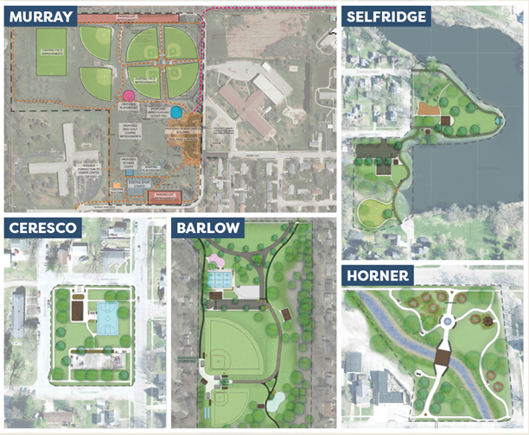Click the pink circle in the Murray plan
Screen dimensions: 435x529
click(x=128, y=96)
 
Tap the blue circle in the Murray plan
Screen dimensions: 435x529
click(x=176, y=112)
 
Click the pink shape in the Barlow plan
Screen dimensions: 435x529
click(x=213, y=259)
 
